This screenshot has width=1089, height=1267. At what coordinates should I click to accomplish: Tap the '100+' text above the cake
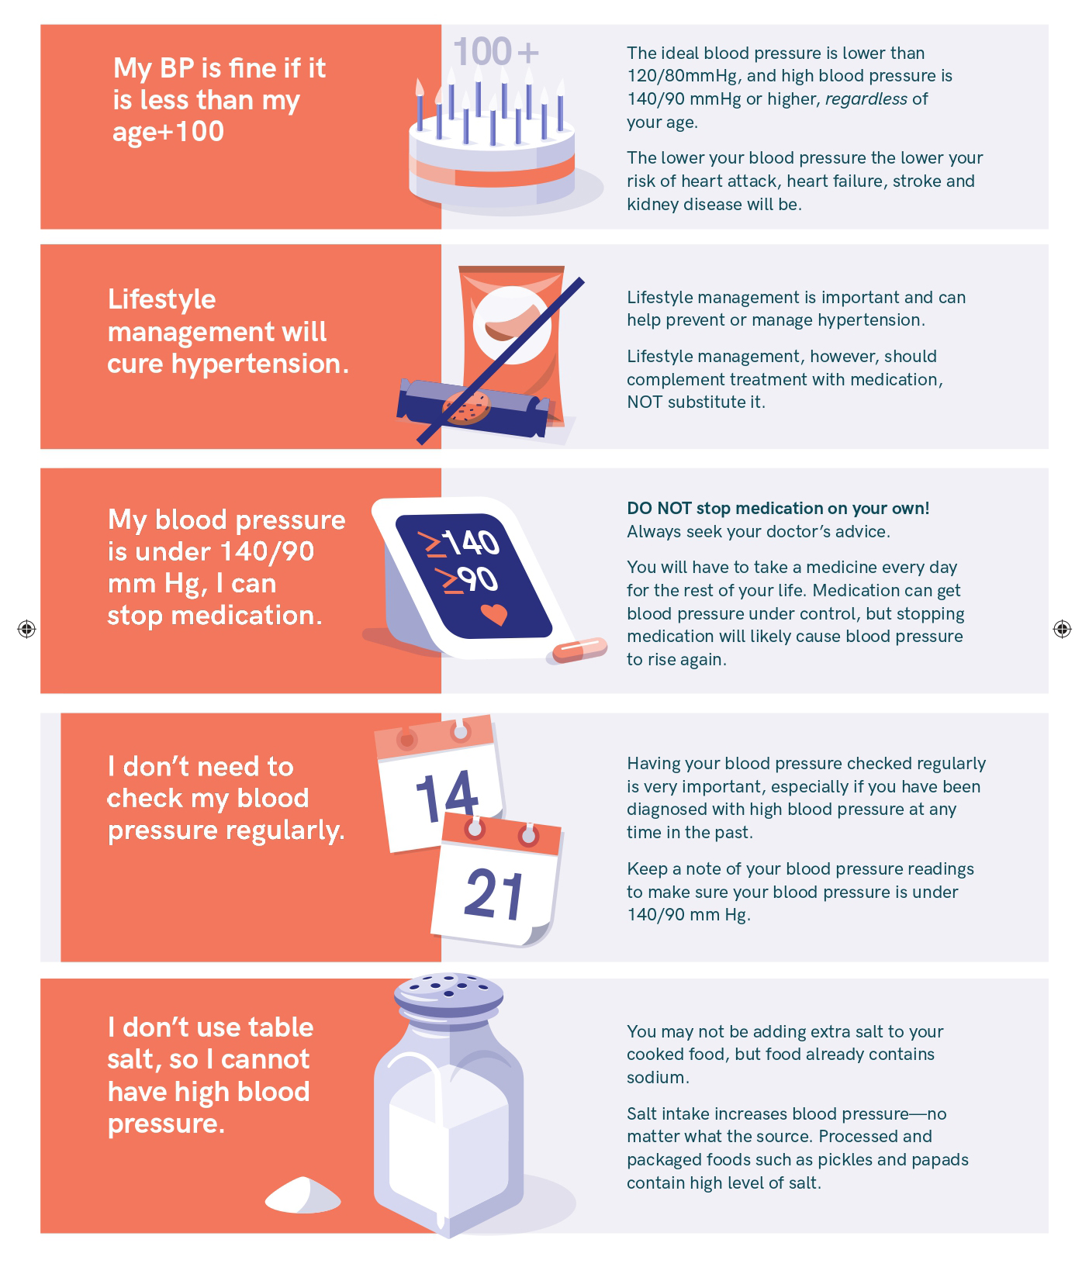496,52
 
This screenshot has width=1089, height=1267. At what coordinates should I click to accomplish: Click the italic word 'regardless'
866,99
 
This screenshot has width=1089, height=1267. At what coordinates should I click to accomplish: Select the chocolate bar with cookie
473,406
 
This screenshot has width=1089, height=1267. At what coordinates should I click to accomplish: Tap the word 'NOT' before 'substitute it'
645,402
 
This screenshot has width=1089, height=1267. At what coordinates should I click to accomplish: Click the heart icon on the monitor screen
493,614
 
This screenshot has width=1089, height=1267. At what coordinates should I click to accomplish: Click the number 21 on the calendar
494,893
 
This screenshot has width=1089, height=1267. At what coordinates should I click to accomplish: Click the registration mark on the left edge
26,629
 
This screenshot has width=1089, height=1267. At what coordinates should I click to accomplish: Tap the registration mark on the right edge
1062,629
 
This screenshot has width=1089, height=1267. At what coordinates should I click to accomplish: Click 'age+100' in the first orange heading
168,133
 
